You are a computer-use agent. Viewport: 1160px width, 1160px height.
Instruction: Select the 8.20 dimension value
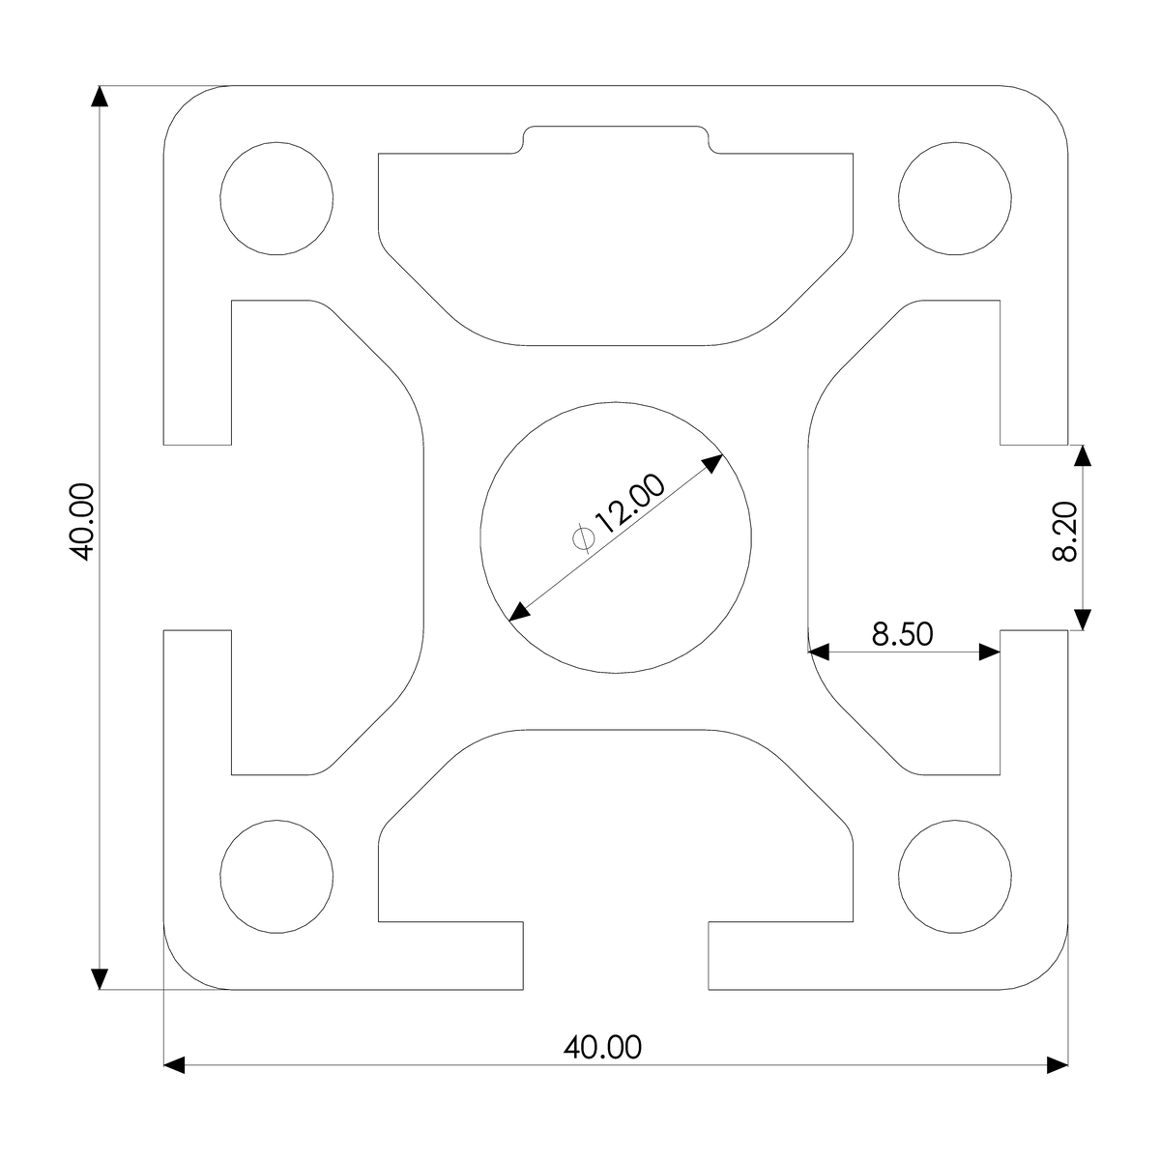pos(1064,537)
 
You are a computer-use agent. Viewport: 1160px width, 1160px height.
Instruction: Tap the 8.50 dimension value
pos(902,634)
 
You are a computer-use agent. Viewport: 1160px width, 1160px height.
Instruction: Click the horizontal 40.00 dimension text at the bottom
pos(601,1047)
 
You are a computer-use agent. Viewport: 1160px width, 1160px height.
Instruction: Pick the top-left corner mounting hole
pos(277,199)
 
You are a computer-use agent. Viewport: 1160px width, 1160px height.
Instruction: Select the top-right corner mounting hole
pos(955,199)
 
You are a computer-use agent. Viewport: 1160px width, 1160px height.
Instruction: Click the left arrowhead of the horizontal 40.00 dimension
pos(175,1065)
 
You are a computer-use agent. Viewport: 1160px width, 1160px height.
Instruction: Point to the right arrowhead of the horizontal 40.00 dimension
pos(1057,1065)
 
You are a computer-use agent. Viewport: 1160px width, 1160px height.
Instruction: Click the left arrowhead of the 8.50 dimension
pos(821,652)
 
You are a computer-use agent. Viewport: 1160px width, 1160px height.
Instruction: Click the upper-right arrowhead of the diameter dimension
pos(712,464)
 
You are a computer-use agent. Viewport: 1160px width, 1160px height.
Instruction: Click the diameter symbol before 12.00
pos(583,537)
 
